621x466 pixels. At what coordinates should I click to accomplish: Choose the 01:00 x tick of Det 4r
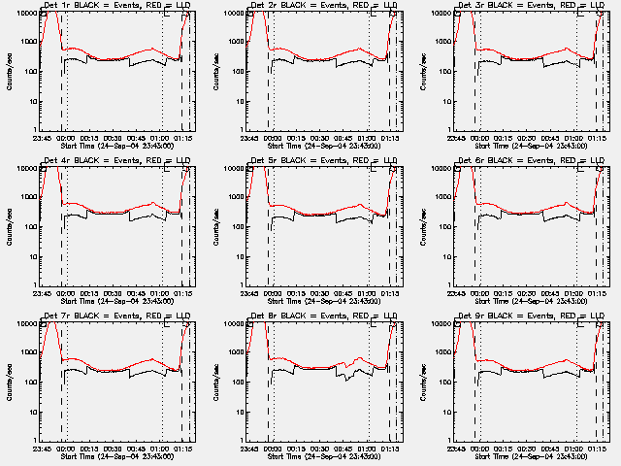coord(161,293)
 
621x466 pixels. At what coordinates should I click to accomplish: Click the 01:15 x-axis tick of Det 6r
coord(598,293)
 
